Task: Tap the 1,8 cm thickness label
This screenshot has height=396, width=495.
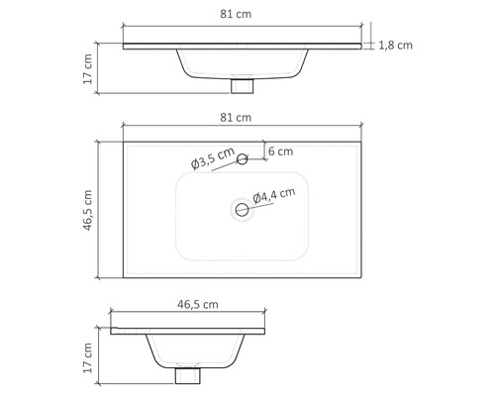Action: [395, 46]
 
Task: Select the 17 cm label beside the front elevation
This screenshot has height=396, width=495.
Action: [87, 69]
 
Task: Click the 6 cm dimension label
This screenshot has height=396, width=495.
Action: [280, 151]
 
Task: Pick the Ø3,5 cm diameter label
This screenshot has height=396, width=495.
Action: [212, 158]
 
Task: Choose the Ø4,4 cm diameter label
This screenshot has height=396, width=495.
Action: [274, 196]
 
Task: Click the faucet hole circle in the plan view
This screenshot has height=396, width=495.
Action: [241, 158]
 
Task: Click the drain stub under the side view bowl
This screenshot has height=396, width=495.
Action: [184, 377]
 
